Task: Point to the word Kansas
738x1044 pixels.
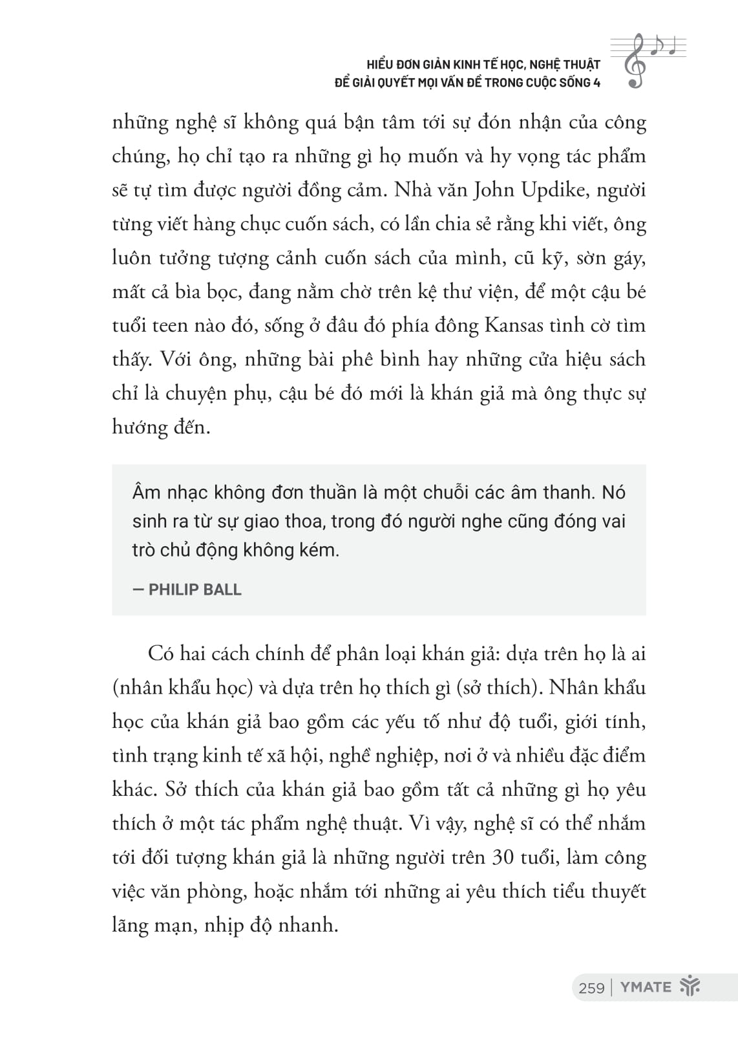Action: (514, 325)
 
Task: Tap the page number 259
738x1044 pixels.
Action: (591, 988)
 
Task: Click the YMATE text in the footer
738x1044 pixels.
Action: (646, 987)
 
